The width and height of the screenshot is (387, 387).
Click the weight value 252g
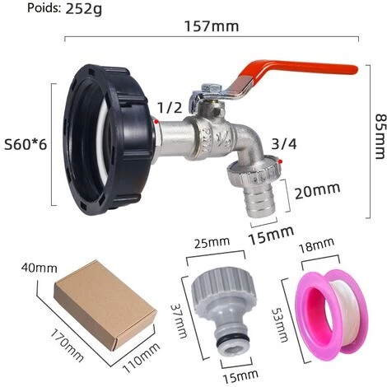83,8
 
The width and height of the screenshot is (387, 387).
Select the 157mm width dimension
212,26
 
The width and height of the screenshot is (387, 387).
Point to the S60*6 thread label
26,144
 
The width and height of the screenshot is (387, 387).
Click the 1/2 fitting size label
170,107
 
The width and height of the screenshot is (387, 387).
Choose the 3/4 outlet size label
284,143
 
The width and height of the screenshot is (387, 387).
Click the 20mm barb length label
317,190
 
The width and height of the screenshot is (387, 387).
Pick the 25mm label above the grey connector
212,242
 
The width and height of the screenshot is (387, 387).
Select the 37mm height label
179,320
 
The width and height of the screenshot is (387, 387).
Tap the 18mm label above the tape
316,245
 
